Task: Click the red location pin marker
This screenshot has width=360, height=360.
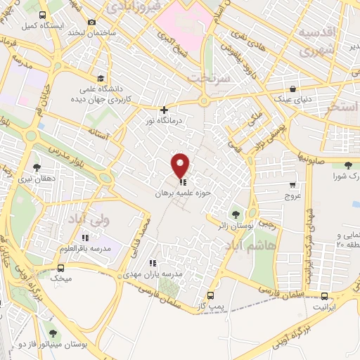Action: [x=181, y=165]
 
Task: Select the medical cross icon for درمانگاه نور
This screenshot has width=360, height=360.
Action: [x=165, y=109]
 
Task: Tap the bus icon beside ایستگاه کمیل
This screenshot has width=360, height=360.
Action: [x=43, y=15]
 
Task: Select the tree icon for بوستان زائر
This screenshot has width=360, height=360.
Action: [x=236, y=213]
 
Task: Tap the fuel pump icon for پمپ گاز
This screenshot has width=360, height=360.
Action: [x=210, y=296]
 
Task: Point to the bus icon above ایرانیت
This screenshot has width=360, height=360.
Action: [x=324, y=297]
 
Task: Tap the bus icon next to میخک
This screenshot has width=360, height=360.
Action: [x=61, y=268]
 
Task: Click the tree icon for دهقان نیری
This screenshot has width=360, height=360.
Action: [x=36, y=167]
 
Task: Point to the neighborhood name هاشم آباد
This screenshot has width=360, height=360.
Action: [x=248, y=246]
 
